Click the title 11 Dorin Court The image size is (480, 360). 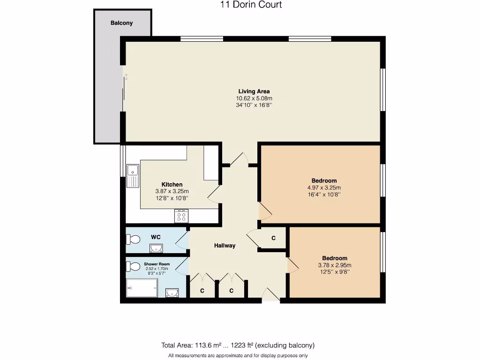pos(251,5)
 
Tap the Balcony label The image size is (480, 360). pos(121,23)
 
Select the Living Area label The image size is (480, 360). pos(254,91)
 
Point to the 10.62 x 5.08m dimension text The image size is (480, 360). pos(254,98)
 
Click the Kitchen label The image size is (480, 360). pos(172,184)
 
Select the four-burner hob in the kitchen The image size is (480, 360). pos(181,216)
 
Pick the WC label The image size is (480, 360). pos(156,237)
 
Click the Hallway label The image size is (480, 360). pos(225,246)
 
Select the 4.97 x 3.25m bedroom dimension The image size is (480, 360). pos(324,187)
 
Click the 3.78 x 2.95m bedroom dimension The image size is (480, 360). pos(335,265)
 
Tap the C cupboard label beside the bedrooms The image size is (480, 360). pos(273,239)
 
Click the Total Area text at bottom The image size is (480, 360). pos(238,345)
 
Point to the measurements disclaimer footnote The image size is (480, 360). pos(238,356)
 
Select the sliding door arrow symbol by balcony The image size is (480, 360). pos(126,76)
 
